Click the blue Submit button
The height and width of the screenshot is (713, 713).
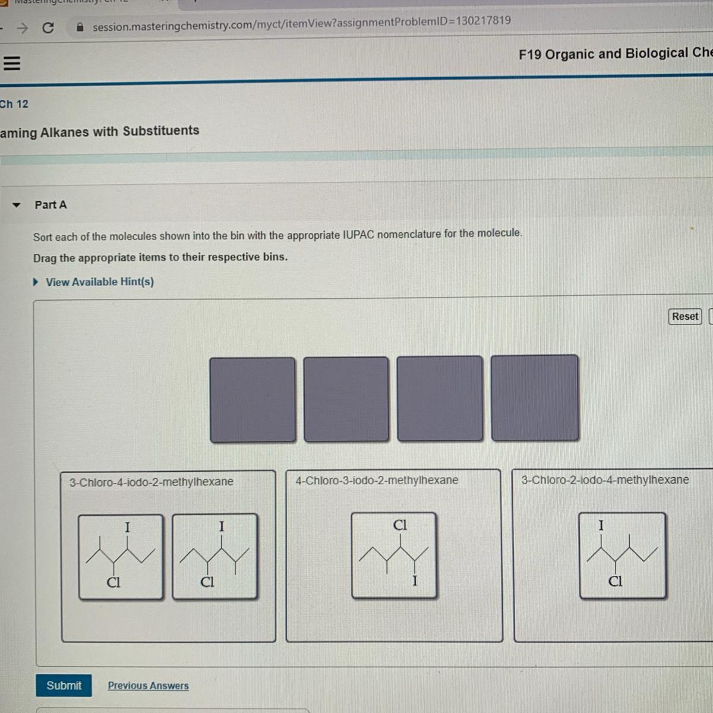pyautogui.click(x=64, y=685)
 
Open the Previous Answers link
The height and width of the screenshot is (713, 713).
pyautogui.click(x=148, y=686)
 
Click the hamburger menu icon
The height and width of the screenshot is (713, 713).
pyautogui.click(x=11, y=63)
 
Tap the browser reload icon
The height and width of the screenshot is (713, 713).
pyautogui.click(x=48, y=27)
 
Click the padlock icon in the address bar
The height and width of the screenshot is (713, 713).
pyautogui.click(x=80, y=27)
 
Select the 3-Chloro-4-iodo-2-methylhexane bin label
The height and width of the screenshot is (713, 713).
pyautogui.click(x=152, y=482)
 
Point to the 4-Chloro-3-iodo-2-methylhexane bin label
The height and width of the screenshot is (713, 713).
pyautogui.click(x=377, y=480)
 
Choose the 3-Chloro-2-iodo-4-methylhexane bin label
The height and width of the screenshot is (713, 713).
pyautogui.click(x=605, y=479)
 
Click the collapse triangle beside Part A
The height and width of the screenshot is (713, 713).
pyautogui.click(x=16, y=205)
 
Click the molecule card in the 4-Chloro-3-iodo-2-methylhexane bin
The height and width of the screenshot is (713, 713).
pyautogui.click(x=394, y=555)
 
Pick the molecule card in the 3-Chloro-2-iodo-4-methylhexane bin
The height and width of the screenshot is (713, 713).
pyautogui.click(x=622, y=555)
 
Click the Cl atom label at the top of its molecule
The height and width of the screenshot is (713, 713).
pyautogui.click(x=400, y=525)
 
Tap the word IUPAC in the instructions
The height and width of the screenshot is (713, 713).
pyautogui.click(x=358, y=235)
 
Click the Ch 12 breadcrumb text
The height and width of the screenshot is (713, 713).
pyautogui.click(x=14, y=104)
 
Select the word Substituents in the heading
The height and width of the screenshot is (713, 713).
pyautogui.click(x=161, y=131)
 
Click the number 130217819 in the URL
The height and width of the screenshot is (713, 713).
pyautogui.click(x=483, y=20)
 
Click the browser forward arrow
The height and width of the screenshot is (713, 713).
pyautogui.click(x=23, y=28)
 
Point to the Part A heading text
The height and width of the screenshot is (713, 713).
pyautogui.click(x=51, y=204)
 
